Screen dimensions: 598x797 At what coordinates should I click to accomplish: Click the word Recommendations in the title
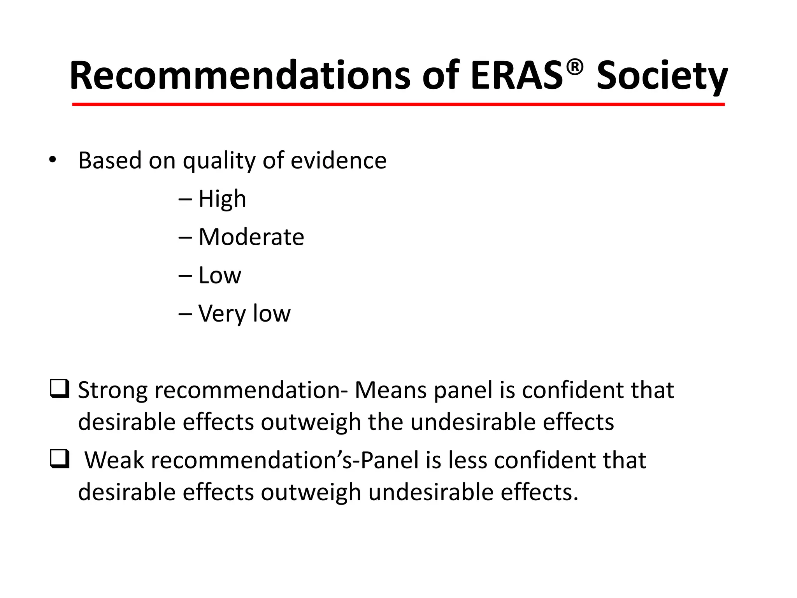point(240,76)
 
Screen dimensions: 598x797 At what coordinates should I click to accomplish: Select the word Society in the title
point(662,77)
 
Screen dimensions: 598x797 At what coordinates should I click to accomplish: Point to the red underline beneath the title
point(398,104)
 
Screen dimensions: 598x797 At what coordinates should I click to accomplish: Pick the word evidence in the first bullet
point(339,160)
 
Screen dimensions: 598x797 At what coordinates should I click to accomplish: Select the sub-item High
point(222,199)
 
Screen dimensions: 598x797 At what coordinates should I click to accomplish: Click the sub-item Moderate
point(251,237)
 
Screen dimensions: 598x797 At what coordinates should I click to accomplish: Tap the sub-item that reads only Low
point(219,275)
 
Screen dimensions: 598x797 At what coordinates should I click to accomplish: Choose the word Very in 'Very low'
point(222,314)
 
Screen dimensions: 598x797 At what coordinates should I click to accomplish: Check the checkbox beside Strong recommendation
point(60,389)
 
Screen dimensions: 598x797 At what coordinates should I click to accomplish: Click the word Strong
point(112,390)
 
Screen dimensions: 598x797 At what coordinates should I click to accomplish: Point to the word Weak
point(114,460)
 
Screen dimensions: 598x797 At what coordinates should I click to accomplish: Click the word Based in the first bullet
point(110,160)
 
